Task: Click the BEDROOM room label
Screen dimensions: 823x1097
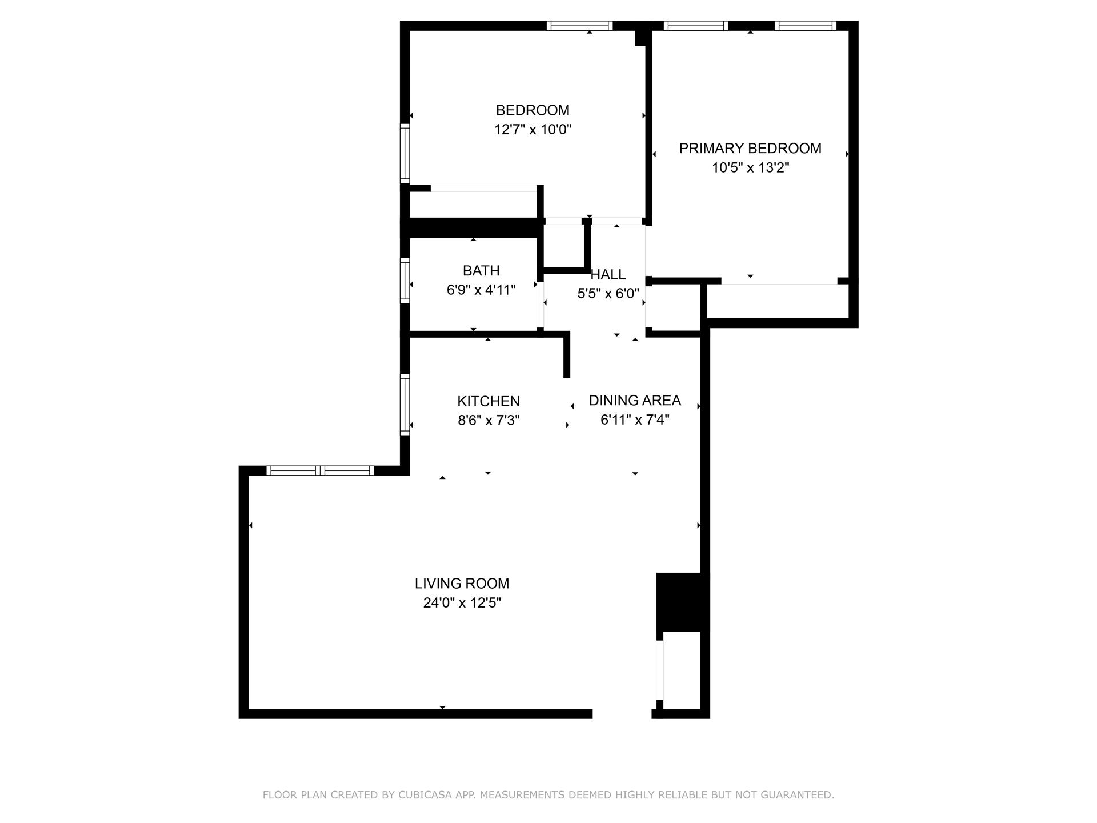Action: [533, 110]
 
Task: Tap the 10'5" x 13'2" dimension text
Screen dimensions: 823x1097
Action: [750, 168]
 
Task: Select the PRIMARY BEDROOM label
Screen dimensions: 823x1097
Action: [750, 149]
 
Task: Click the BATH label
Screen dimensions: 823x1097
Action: [481, 271]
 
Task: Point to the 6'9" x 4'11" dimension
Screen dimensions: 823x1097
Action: [481, 290]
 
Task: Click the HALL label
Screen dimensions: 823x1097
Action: [608, 275]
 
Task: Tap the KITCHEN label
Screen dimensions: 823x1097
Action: [489, 401]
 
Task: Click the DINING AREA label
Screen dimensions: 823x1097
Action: [635, 401]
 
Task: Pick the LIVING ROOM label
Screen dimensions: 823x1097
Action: [462, 584]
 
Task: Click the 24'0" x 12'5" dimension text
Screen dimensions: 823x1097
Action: [462, 603]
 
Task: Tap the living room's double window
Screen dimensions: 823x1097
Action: [320, 471]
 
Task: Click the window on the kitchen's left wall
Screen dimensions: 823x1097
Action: [405, 405]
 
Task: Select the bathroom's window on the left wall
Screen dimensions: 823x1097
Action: [405, 281]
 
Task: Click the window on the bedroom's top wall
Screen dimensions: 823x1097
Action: [579, 26]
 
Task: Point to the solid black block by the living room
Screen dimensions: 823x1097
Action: [682, 601]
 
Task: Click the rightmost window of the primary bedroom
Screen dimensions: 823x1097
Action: [806, 26]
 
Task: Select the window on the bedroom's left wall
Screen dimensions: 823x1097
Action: [405, 153]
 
